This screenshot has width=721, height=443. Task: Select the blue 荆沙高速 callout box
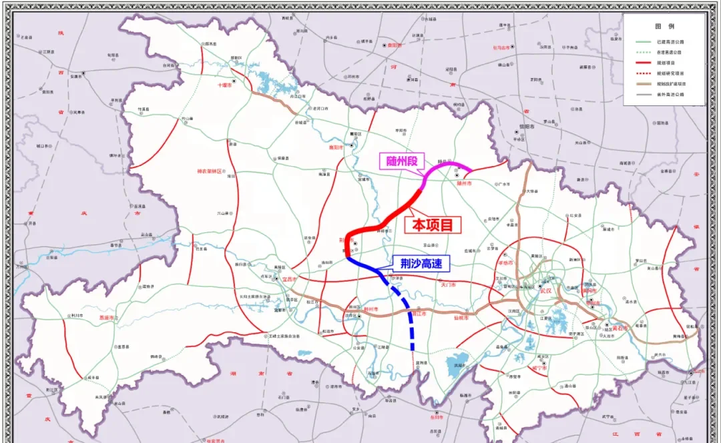coord(421,264)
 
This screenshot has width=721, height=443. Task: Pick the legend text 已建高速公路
coord(670,41)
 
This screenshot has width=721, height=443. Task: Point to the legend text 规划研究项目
coord(670,73)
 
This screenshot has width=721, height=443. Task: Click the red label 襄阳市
coord(336,147)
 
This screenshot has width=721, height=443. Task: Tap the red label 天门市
coord(448,285)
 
